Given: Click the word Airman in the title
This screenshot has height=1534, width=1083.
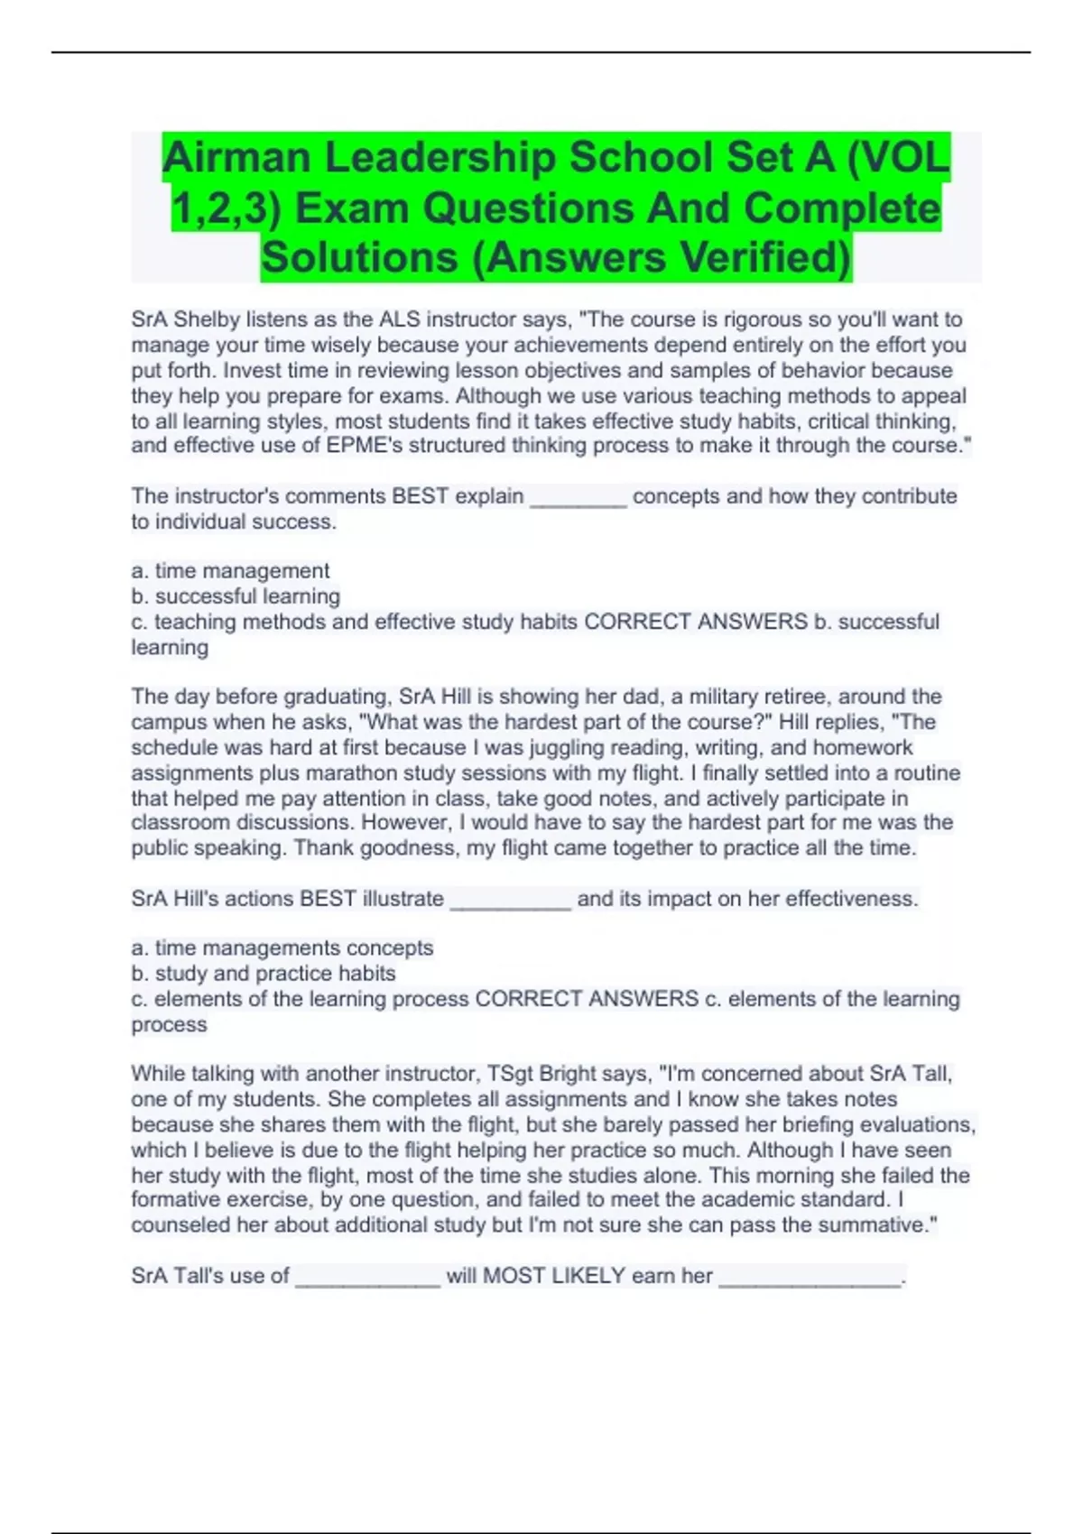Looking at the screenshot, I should [237, 158].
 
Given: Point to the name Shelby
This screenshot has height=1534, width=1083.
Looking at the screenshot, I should [208, 319].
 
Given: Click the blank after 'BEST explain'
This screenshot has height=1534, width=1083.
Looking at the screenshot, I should [578, 497].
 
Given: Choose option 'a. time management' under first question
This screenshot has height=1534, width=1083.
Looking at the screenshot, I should [230, 571].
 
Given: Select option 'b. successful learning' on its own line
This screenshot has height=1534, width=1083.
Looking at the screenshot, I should [236, 596].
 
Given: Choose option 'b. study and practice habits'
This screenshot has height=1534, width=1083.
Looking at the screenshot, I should [264, 974].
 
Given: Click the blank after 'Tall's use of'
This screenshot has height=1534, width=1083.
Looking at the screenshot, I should [367, 1277].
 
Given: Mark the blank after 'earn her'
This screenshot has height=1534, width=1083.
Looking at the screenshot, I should [810, 1277].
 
